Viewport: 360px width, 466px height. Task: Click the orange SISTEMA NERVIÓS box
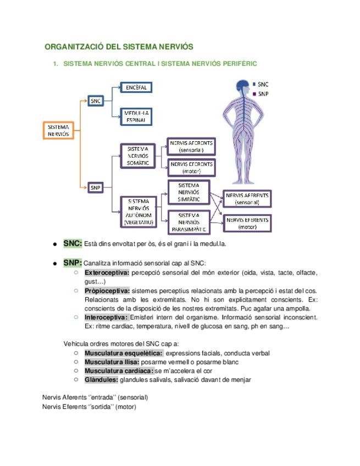(58, 130)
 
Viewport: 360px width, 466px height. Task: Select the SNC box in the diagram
(96, 101)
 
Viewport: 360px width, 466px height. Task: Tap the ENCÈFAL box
(136, 87)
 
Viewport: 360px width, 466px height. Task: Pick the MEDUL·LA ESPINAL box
(136, 115)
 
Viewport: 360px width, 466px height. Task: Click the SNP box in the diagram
(96, 188)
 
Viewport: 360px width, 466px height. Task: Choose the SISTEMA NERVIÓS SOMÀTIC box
(137, 156)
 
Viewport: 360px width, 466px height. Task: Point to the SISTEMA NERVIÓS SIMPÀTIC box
(189, 192)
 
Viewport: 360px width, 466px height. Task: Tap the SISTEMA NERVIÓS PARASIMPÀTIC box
(189, 222)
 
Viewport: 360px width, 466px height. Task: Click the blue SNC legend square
(254, 85)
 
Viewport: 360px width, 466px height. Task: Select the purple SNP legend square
(254, 94)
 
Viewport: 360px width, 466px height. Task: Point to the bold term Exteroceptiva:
(107, 273)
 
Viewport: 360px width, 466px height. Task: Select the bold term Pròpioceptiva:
(107, 290)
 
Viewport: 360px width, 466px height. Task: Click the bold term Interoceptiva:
(106, 317)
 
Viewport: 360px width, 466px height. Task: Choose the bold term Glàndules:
(101, 379)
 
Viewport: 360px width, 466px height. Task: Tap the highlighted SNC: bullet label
(73, 243)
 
